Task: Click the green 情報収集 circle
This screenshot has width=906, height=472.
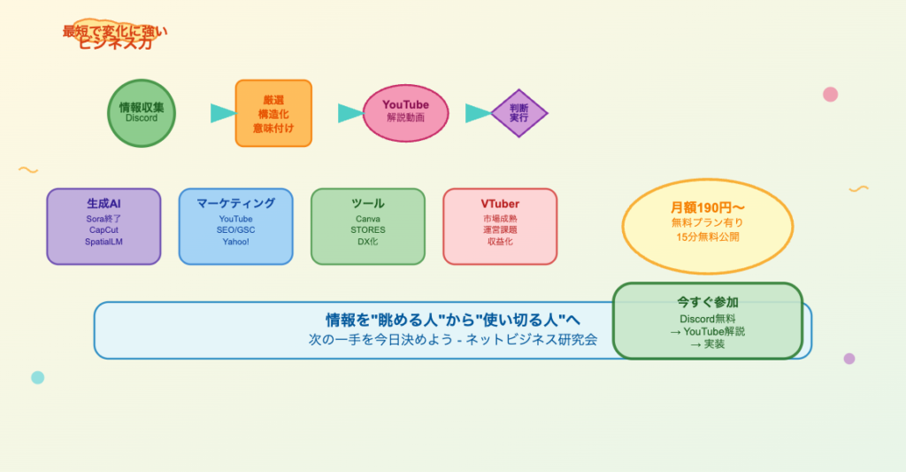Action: click(x=142, y=112)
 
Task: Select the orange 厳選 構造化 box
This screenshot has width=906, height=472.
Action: click(x=273, y=113)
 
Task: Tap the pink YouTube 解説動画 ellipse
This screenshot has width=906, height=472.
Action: click(x=405, y=112)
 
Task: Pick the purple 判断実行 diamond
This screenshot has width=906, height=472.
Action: click(x=518, y=113)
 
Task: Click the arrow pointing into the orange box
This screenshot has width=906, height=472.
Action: click(x=222, y=113)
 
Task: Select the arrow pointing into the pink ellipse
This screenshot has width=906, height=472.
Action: click(x=350, y=113)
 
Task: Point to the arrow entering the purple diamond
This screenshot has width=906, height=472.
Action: click(x=478, y=113)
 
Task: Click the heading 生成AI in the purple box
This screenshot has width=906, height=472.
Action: click(x=104, y=204)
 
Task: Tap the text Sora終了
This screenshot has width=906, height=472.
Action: click(x=104, y=219)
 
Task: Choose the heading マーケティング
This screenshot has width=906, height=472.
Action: click(x=235, y=204)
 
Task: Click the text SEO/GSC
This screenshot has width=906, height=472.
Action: click(x=235, y=230)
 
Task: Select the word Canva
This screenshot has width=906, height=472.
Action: click(x=368, y=219)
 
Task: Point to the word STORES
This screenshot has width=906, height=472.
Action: click(x=368, y=230)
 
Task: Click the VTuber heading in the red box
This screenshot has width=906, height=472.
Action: click(x=500, y=204)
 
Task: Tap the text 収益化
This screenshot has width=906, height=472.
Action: click(x=500, y=242)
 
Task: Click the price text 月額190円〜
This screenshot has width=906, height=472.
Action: click(x=707, y=207)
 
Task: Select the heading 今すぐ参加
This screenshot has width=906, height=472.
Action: click(x=707, y=301)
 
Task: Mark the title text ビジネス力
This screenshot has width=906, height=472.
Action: click(x=115, y=43)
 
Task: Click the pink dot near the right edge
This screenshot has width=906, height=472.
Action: click(x=830, y=94)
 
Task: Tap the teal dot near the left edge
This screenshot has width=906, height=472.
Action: click(x=37, y=377)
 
